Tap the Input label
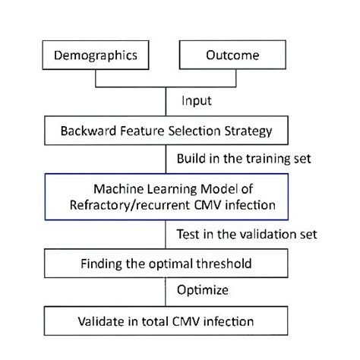196,100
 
